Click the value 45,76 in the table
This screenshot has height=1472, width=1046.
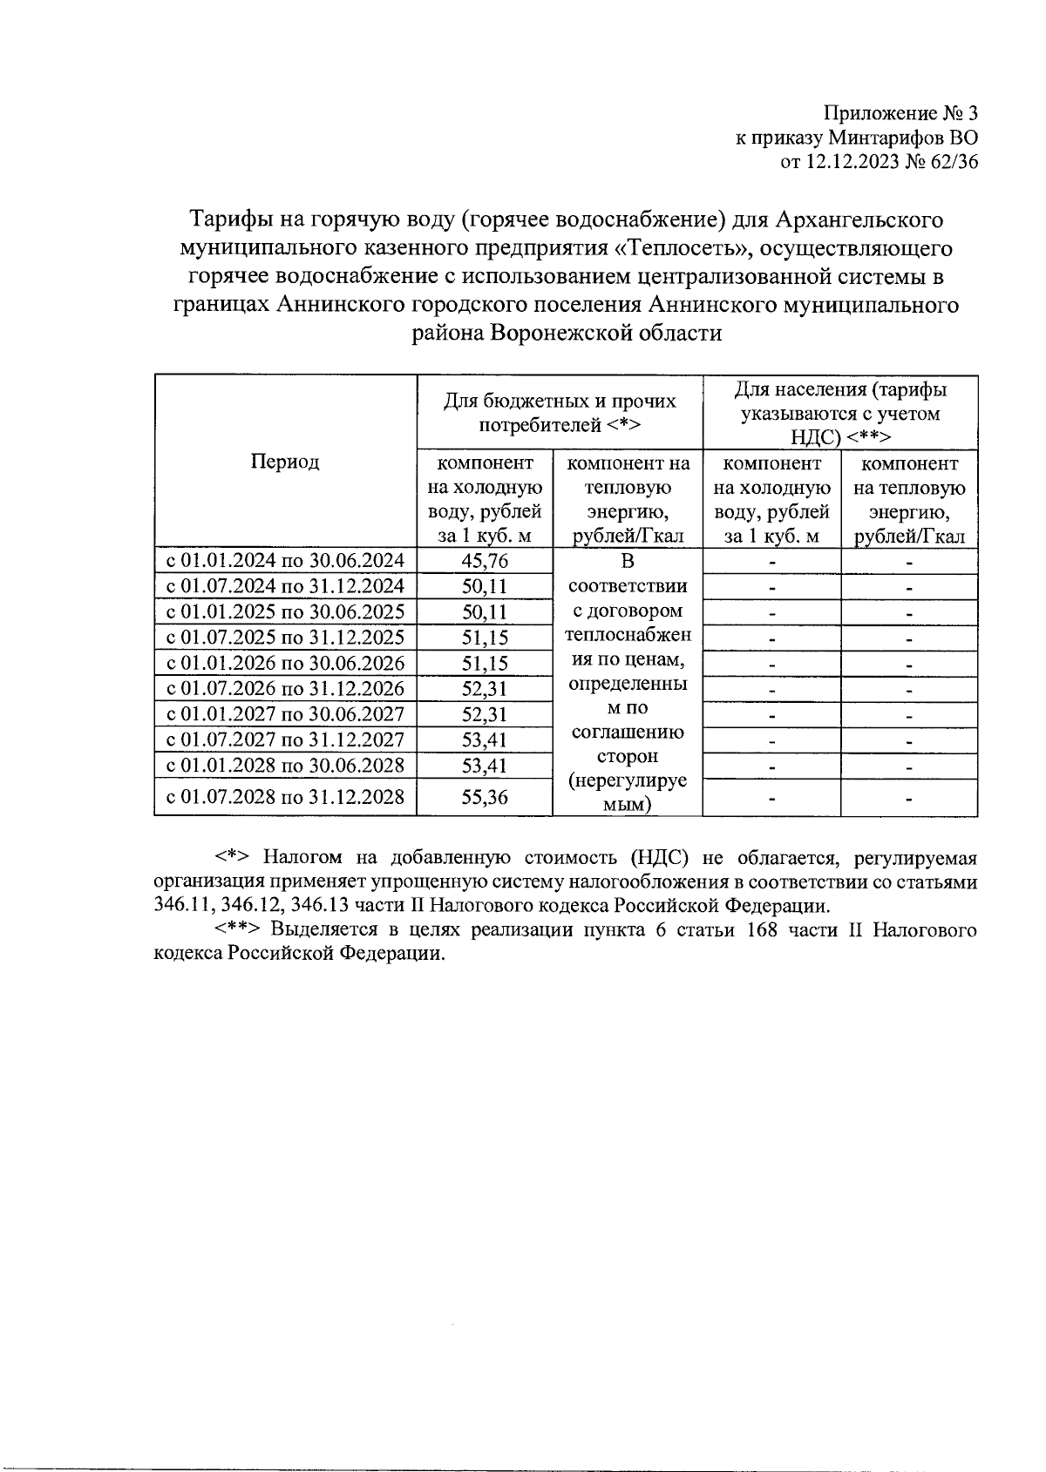click(485, 561)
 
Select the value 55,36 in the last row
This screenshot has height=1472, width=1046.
click(485, 797)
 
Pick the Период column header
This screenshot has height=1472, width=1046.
click(285, 462)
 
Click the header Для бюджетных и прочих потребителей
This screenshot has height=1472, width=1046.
click(560, 413)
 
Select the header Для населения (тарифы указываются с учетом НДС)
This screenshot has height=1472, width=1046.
click(840, 413)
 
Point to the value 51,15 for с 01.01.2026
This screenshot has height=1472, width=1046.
click(485, 664)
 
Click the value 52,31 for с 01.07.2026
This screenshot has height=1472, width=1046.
click(485, 689)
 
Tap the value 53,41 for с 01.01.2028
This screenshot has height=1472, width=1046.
click(485, 766)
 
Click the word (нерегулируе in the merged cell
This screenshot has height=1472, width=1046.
click(628, 781)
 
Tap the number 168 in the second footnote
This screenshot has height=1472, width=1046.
click(762, 930)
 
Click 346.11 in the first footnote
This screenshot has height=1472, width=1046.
click(177, 905)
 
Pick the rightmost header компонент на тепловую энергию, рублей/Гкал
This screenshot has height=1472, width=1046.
click(909, 500)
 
